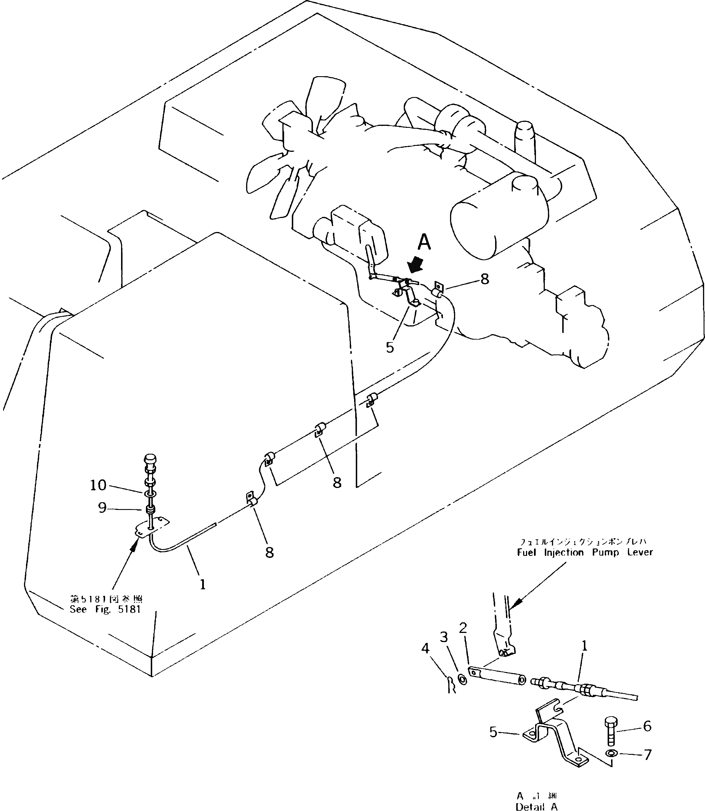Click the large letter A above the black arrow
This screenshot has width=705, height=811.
(424, 242)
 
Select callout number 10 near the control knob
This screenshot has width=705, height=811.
(98, 485)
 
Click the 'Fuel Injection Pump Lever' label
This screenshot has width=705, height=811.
(585, 552)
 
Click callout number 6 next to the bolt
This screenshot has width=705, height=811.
(647, 726)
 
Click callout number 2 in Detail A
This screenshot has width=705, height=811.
(463, 628)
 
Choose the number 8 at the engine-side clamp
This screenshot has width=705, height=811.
(484, 279)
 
